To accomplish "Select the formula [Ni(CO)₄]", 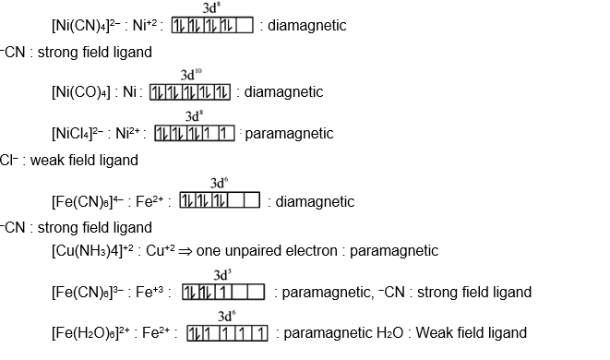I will click(x=83, y=92).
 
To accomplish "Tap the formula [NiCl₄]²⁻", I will click(x=84, y=134).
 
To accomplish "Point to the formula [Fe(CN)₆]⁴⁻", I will click(x=90, y=201).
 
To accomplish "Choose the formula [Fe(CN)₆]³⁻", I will click(x=90, y=293).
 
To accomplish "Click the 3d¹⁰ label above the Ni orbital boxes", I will click(x=191, y=74).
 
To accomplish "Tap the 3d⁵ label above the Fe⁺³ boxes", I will click(x=221, y=275).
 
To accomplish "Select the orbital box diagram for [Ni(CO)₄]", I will click(x=189, y=92).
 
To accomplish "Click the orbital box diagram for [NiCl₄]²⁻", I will click(x=196, y=134).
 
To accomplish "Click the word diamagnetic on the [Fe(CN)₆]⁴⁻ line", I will click(x=315, y=201).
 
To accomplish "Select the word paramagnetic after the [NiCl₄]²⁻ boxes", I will click(x=289, y=134).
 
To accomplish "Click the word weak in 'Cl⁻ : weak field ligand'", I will click(x=46, y=160).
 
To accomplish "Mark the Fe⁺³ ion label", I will click(x=152, y=293).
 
